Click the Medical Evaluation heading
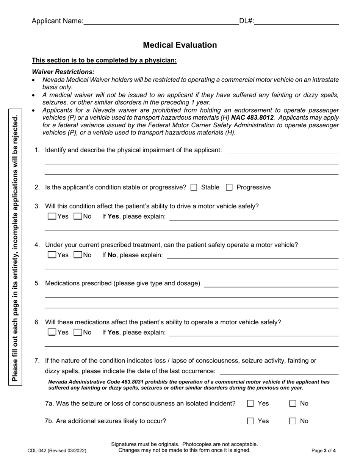pos(180,45)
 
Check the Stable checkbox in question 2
pos(194,187)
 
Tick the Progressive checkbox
pos(229,187)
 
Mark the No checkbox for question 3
pos(78,217)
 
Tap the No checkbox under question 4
pos(78,255)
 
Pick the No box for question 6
pos(78,332)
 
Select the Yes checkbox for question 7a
pos(250,404)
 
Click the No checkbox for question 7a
pos(293,404)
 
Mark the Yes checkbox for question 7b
pos(250,421)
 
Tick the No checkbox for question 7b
pos(293,421)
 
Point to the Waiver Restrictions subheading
pos(63,72)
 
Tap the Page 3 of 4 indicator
pos(323,450)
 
